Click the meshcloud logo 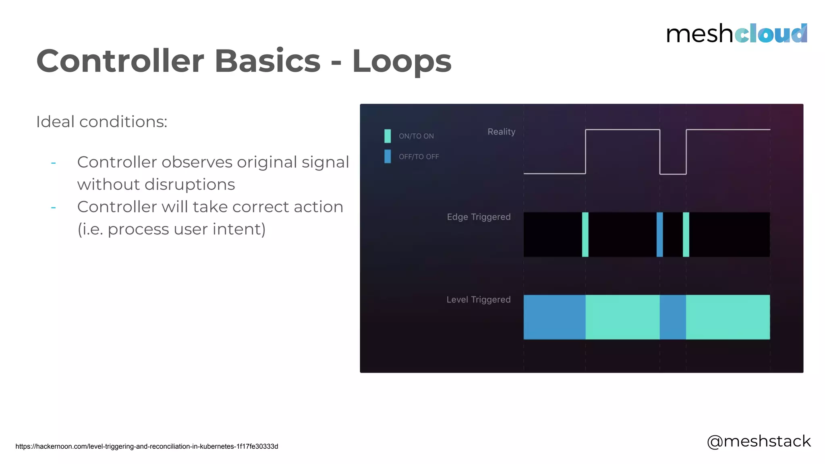[x=736, y=33]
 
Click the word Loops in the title [x=402, y=61]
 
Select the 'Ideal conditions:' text [x=102, y=122]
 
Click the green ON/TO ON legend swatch [x=388, y=136]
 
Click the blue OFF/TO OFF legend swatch [x=388, y=156]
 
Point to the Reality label [x=501, y=132]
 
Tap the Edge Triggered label [x=479, y=217]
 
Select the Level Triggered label [x=478, y=300]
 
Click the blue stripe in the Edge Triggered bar [x=659, y=234]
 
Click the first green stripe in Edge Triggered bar [x=585, y=234]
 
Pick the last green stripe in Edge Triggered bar [x=686, y=234]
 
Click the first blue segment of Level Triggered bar [x=554, y=317]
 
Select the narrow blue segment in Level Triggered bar [x=673, y=317]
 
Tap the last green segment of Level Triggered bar [x=728, y=317]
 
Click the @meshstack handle [x=759, y=441]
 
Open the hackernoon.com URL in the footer [x=147, y=446]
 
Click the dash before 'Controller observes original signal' [x=53, y=163]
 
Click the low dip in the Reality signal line [x=673, y=174]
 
